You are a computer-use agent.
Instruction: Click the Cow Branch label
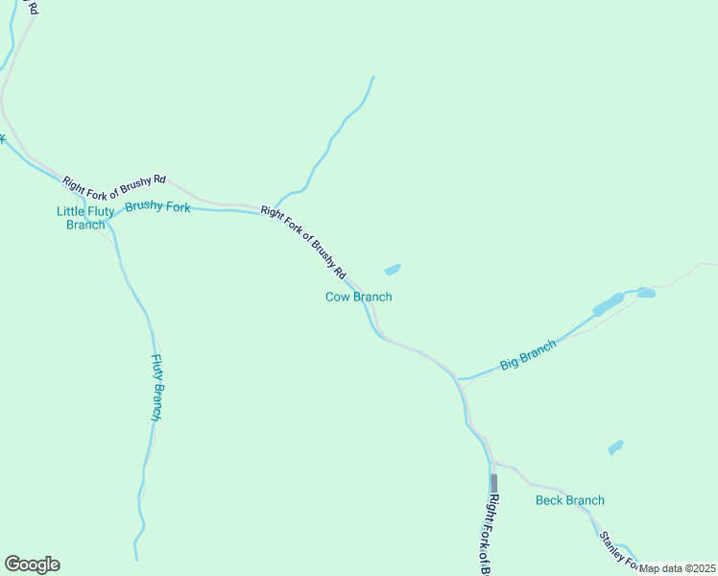point(358,297)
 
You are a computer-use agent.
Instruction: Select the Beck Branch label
point(570,500)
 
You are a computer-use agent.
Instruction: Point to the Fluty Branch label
point(156,388)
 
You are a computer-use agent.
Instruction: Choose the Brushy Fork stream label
point(157,206)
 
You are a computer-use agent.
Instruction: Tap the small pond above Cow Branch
point(393,269)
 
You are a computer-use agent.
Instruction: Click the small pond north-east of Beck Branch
point(615,447)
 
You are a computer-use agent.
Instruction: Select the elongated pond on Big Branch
point(609,304)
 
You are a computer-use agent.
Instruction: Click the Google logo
point(32,564)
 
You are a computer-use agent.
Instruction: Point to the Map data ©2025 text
point(678,568)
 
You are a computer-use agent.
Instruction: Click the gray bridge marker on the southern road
point(493,482)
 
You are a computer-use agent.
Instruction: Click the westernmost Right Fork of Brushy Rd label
point(114,180)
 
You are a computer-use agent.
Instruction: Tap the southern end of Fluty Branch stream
point(136,559)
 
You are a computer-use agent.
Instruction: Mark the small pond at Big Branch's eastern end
point(646,293)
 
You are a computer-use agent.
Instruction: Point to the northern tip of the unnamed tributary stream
point(372,77)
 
